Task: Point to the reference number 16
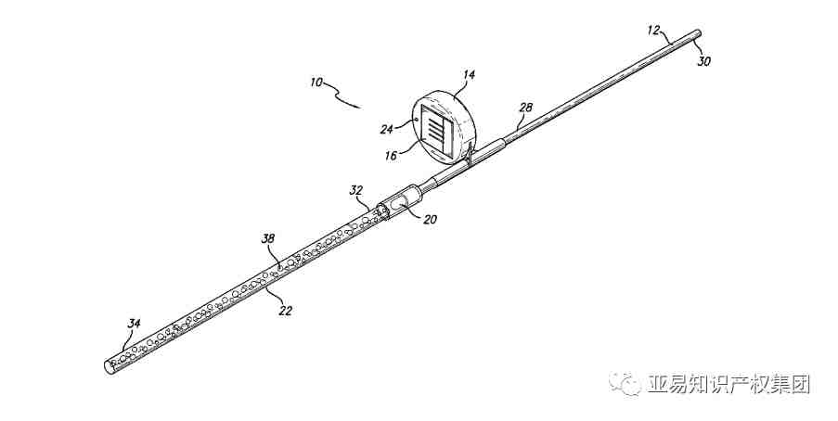pos(391,155)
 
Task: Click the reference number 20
pos(429,220)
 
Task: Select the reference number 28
pos(525,108)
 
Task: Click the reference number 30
pos(704,61)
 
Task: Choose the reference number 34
pos(134,323)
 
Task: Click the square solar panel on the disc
pos(435,126)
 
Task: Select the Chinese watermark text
pos(729,383)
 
